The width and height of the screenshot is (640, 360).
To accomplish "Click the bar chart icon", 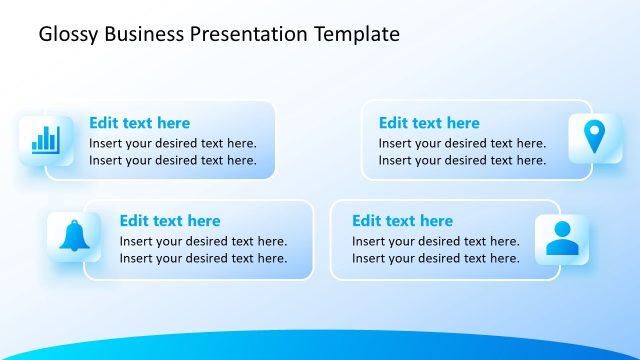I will click(45, 138).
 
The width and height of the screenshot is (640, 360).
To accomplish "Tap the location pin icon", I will click(594, 137).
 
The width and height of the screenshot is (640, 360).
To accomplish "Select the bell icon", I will click(74, 237).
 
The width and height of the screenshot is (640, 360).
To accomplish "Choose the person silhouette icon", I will click(561, 238).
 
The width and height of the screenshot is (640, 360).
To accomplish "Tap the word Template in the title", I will click(357, 34).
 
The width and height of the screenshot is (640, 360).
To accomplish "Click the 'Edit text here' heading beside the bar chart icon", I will click(139, 123).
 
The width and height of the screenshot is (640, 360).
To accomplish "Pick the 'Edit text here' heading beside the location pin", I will click(429, 123).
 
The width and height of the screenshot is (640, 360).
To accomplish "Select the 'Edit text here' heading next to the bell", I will click(170, 221).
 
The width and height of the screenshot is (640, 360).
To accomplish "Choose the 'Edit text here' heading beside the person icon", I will click(402, 221).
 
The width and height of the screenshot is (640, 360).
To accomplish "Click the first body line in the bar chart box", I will click(172, 143).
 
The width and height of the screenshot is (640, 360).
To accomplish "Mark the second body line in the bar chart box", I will click(172, 160).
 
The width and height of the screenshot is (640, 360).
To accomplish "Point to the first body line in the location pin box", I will click(462, 143).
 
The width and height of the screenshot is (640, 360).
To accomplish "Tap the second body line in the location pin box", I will click(462, 160).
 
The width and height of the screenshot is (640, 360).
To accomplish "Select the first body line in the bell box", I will click(203, 241).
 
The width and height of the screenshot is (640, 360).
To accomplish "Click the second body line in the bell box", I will click(203, 258).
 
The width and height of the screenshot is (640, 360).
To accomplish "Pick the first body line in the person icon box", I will click(435, 241).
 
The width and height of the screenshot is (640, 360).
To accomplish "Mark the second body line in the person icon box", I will click(435, 258).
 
